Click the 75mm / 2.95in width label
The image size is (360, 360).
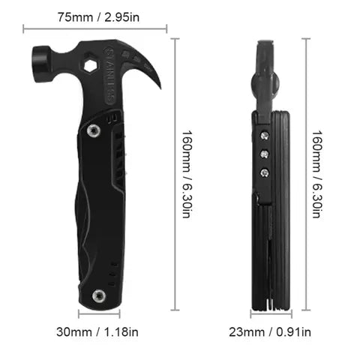[x=98, y=17]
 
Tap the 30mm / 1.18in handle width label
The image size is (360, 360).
[x=97, y=332]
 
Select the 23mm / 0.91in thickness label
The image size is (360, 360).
[x=270, y=332]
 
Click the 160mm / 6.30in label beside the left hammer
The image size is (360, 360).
[x=187, y=174]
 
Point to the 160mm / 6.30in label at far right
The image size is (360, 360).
[x=317, y=174]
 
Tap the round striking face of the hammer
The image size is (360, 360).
[x=40, y=64]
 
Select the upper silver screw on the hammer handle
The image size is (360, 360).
[x=94, y=130]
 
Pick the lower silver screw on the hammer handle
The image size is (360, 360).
[x=99, y=295]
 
